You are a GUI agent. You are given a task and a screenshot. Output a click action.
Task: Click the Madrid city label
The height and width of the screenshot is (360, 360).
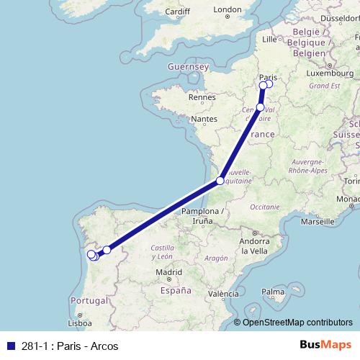tap(168, 272)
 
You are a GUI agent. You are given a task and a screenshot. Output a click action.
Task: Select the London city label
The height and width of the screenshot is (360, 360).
tap(228, 10)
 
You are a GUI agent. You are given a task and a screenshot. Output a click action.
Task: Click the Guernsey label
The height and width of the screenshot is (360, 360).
tap(187, 66)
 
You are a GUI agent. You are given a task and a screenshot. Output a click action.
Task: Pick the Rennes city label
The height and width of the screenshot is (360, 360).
tap(202, 96)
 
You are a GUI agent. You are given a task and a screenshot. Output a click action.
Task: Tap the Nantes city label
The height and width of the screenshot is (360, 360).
tap(204, 118)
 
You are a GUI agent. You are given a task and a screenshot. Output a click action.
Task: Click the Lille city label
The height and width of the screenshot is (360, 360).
tap(270, 39)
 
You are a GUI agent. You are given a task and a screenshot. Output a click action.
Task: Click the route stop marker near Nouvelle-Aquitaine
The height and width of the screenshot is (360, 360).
tap(221, 181)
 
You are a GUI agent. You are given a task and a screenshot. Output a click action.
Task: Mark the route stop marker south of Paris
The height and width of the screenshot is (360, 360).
tap(261, 107)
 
